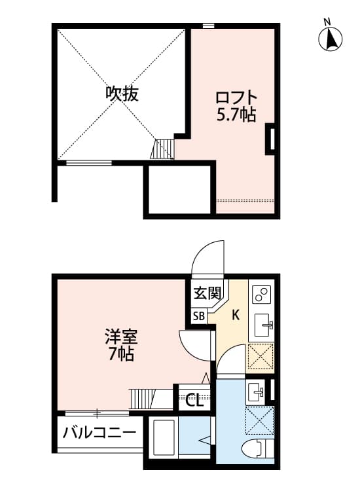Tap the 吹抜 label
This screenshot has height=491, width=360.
122,94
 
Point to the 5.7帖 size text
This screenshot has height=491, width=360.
236,115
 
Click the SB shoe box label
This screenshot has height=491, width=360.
199,316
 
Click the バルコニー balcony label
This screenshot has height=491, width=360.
99,432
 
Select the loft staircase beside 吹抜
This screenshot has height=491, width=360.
165,149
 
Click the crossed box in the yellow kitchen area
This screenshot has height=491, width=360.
261,357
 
